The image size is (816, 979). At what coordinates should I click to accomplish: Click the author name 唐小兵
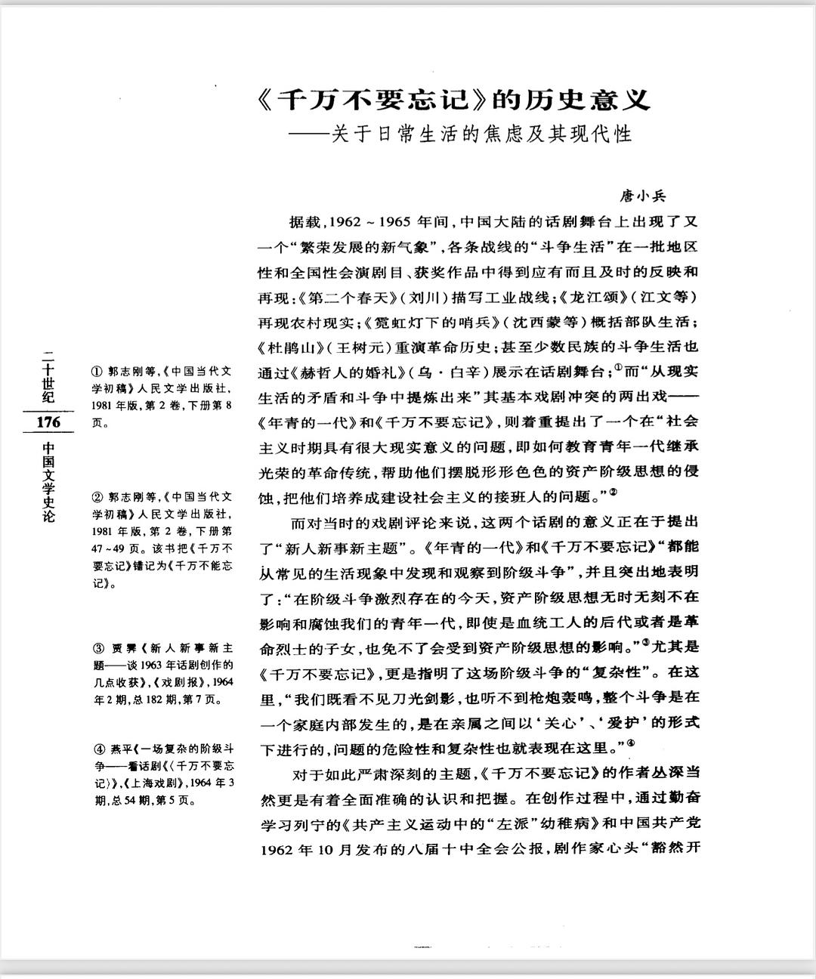click(643, 196)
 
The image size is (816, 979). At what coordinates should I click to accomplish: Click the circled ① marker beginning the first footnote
click(97, 372)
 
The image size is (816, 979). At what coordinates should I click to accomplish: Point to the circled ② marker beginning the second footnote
click(97, 497)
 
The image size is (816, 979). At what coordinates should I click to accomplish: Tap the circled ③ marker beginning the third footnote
click(97, 648)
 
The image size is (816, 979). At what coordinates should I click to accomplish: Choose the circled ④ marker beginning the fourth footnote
click(97, 750)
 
